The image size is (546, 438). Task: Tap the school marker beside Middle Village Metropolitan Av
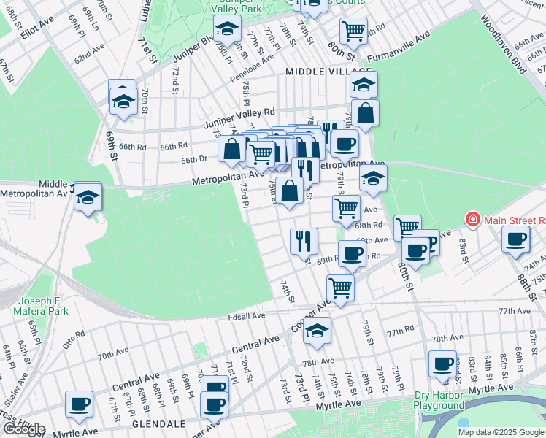click(x=88, y=196)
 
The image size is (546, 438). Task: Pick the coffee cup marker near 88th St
click(x=516, y=239)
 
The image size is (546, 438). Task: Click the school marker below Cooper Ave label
click(x=317, y=330)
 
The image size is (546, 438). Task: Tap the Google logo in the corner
click(x=23, y=429)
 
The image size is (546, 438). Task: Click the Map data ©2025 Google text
click(x=501, y=432)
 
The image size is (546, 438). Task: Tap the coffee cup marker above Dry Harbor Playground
click(x=442, y=363)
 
